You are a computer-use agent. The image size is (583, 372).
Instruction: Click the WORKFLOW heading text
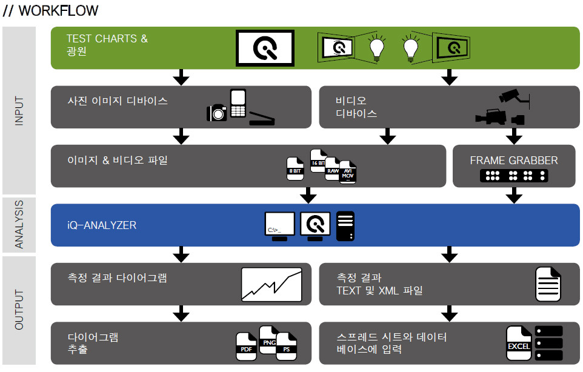point(51,11)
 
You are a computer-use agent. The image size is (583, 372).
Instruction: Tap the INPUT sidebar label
point(19,111)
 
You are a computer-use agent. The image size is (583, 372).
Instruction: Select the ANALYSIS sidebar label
point(19,224)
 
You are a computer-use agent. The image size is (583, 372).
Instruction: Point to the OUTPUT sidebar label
point(19,310)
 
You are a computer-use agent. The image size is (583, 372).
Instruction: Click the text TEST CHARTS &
point(107,39)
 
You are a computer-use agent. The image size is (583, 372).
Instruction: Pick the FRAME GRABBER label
point(514,161)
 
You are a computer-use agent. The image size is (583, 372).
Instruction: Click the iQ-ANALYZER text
point(102,225)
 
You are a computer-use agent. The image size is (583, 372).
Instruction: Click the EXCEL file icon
point(518,344)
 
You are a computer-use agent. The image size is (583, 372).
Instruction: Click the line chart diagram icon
point(272,285)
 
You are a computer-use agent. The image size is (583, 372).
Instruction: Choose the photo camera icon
point(217,113)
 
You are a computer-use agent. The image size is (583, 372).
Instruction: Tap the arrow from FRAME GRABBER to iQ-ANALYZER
point(514,195)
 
